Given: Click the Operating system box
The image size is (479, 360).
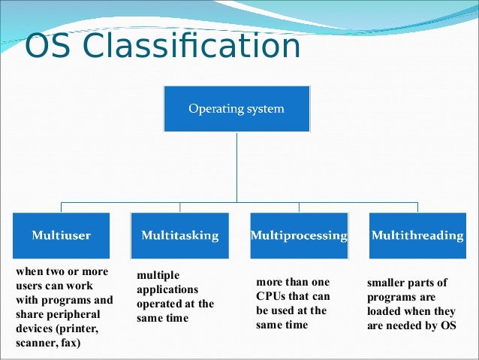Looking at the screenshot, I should click(x=236, y=109).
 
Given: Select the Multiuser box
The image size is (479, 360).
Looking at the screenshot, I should click(x=61, y=235).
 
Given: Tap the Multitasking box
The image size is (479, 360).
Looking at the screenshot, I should click(x=179, y=235).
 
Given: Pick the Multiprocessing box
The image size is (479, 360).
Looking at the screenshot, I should click(x=298, y=235).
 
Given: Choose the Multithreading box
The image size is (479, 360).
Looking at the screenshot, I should click(x=417, y=235).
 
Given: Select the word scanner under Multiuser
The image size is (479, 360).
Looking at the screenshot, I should click(x=34, y=343).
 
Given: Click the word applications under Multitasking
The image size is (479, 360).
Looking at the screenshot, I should click(x=167, y=290).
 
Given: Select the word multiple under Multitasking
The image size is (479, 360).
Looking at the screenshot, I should click(x=158, y=277).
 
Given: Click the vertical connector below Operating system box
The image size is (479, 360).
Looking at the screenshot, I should click(x=236, y=165).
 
